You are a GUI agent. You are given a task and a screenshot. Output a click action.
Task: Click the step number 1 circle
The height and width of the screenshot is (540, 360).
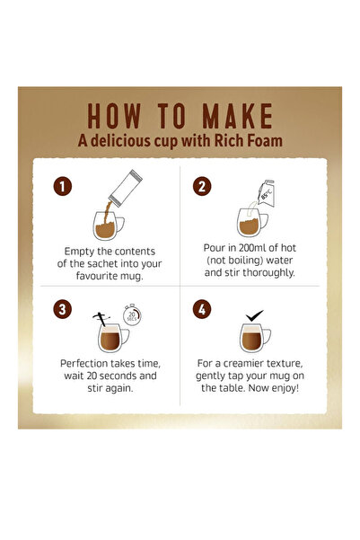(x=62, y=186)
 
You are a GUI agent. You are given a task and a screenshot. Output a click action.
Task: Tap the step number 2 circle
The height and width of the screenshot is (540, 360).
(x=202, y=186)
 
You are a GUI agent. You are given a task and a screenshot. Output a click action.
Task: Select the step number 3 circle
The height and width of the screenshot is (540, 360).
(x=62, y=309)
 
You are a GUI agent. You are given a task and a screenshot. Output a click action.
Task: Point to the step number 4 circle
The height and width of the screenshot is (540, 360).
(x=202, y=309)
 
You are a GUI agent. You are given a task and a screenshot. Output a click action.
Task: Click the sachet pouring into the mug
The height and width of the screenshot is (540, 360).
(x=126, y=189)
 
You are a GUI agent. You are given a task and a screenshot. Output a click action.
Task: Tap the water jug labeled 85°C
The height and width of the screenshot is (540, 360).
(x=266, y=193)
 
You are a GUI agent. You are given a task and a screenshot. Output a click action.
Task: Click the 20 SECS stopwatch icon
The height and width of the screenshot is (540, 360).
(x=132, y=315)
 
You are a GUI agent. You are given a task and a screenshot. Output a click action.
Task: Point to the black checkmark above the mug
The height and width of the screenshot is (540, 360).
(x=254, y=315)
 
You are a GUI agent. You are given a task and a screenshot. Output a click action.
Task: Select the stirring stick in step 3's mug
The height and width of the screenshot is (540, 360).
(x=101, y=319)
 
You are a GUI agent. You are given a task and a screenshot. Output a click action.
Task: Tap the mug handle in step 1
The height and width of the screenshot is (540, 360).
(x=120, y=225)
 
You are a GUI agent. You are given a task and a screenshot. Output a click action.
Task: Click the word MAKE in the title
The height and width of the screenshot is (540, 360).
(x=238, y=116)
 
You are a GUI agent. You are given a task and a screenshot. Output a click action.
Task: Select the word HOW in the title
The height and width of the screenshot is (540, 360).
(x=114, y=116)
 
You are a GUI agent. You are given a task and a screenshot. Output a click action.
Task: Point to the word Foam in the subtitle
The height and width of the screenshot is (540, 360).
(x=265, y=141)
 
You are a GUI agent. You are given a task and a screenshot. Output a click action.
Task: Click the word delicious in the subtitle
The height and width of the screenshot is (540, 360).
(x=121, y=141)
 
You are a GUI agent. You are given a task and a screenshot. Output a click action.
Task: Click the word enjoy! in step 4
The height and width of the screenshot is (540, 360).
(x=285, y=388)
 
